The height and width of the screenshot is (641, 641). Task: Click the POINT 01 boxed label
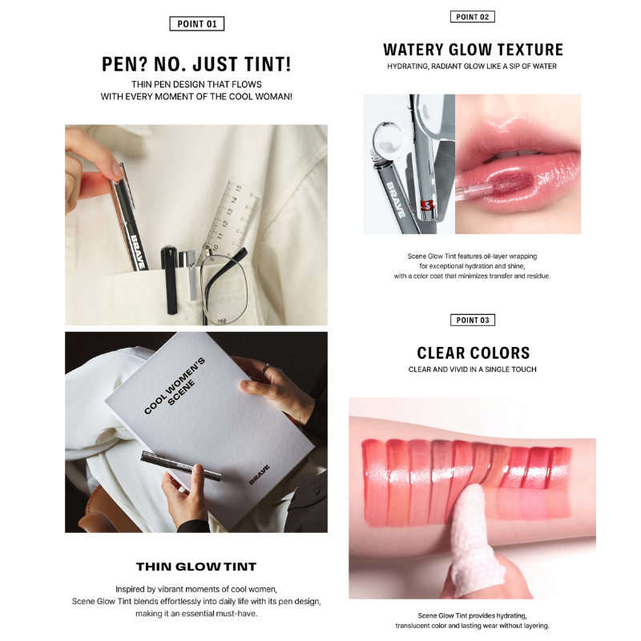click(x=196, y=24)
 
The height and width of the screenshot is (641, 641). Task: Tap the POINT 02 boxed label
click(x=472, y=17)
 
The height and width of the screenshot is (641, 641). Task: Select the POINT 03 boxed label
click(x=473, y=320)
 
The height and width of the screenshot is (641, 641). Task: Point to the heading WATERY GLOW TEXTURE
click(x=473, y=50)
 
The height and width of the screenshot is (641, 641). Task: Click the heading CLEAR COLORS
click(x=473, y=353)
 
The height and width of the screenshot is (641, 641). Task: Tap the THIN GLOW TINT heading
click(x=196, y=566)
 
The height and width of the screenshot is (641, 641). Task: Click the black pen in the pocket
click(x=169, y=280)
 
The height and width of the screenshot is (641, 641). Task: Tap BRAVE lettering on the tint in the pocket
click(x=138, y=252)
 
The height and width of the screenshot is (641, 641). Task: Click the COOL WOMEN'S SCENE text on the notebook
click(x=175, y=387)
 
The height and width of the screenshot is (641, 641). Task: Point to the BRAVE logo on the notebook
click(x=259, y=474)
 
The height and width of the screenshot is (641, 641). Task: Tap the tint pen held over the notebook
click(x=181, y=465)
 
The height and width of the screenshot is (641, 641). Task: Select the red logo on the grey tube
click(x=427, y=205)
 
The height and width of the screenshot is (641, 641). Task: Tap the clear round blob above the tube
click(x=390, y=139)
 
